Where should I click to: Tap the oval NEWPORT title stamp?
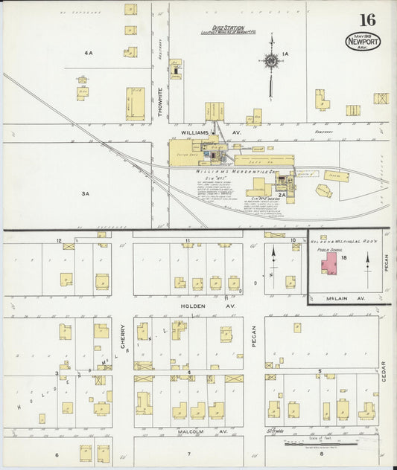click(363, 41)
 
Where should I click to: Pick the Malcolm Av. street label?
click(191, 430)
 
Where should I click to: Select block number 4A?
click(89, 54)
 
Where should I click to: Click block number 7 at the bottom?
click(189, 454)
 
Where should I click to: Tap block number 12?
click(59, 240)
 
